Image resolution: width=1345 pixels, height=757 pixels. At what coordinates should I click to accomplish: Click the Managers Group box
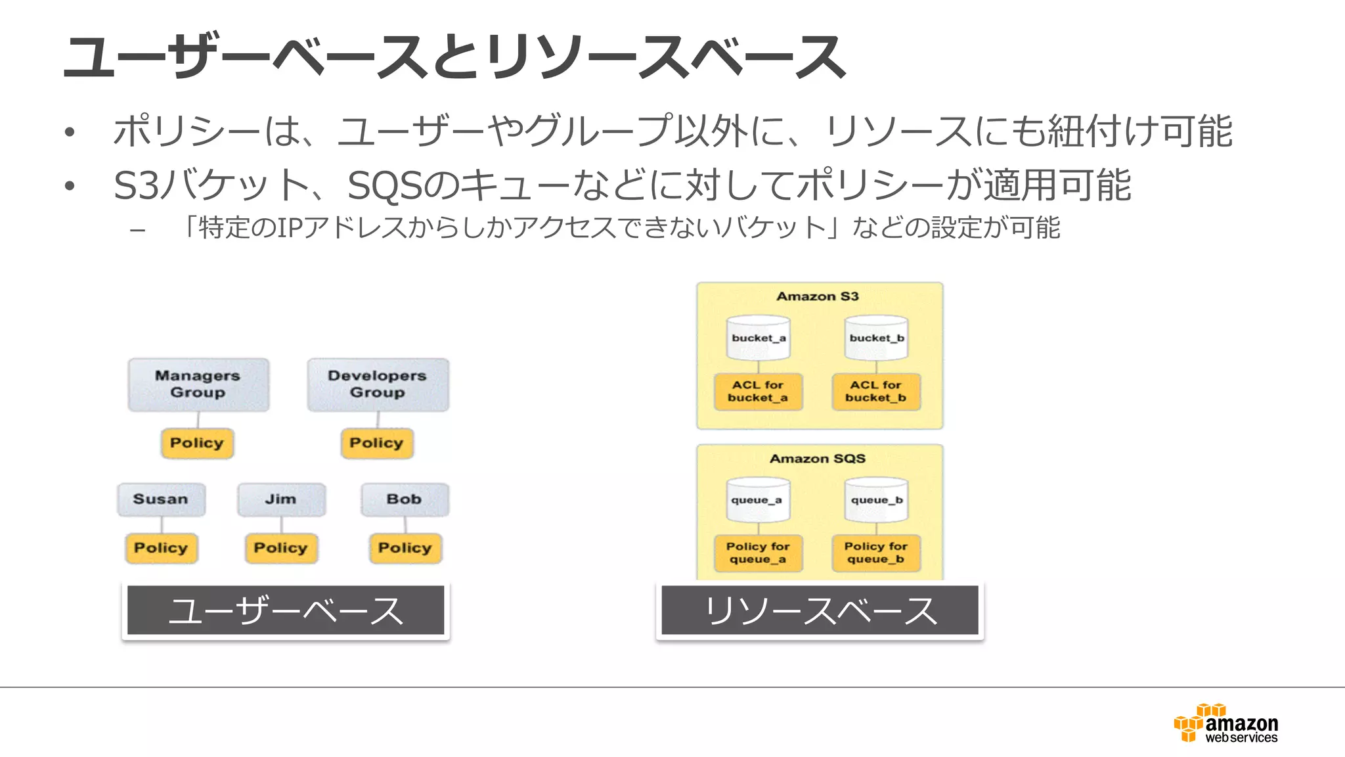(198, 385)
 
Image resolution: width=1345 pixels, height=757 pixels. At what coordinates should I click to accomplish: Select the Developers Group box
(378, 385)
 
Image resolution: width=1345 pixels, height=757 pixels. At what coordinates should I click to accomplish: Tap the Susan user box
(161, 499)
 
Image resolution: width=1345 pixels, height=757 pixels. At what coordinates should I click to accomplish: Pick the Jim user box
(281, 499)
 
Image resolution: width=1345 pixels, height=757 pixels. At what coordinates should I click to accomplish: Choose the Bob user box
(405, 499)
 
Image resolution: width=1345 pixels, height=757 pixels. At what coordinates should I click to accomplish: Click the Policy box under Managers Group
(197, 444)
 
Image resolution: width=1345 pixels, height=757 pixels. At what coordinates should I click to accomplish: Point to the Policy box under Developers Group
(376, 444)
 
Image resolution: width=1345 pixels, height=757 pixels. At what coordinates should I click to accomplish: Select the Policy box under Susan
(161, 548)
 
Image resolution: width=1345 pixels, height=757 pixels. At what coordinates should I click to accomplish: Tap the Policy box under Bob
(405, 548)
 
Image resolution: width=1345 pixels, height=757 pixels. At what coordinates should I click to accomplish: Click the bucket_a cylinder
(759, 338)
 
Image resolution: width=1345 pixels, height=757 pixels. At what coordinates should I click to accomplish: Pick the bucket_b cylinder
(877, 338)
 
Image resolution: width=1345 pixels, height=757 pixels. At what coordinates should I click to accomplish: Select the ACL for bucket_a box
(758, 392)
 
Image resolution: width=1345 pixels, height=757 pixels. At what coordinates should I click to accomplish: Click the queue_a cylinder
(758, 500)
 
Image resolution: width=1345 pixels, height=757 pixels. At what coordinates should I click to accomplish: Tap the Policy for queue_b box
(876, 553)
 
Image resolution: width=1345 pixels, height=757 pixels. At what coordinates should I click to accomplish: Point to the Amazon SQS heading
(818, 459)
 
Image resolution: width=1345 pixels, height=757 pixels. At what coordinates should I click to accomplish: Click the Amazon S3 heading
(818, 296)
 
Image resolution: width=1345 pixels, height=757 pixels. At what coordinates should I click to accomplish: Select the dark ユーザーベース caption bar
(286, 610)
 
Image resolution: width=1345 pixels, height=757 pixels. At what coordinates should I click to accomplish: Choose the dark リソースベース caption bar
(820, 610)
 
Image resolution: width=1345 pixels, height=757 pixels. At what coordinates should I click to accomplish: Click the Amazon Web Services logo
(1226, 723)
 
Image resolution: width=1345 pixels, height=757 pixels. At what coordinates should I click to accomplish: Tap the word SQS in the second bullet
(385, 186)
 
